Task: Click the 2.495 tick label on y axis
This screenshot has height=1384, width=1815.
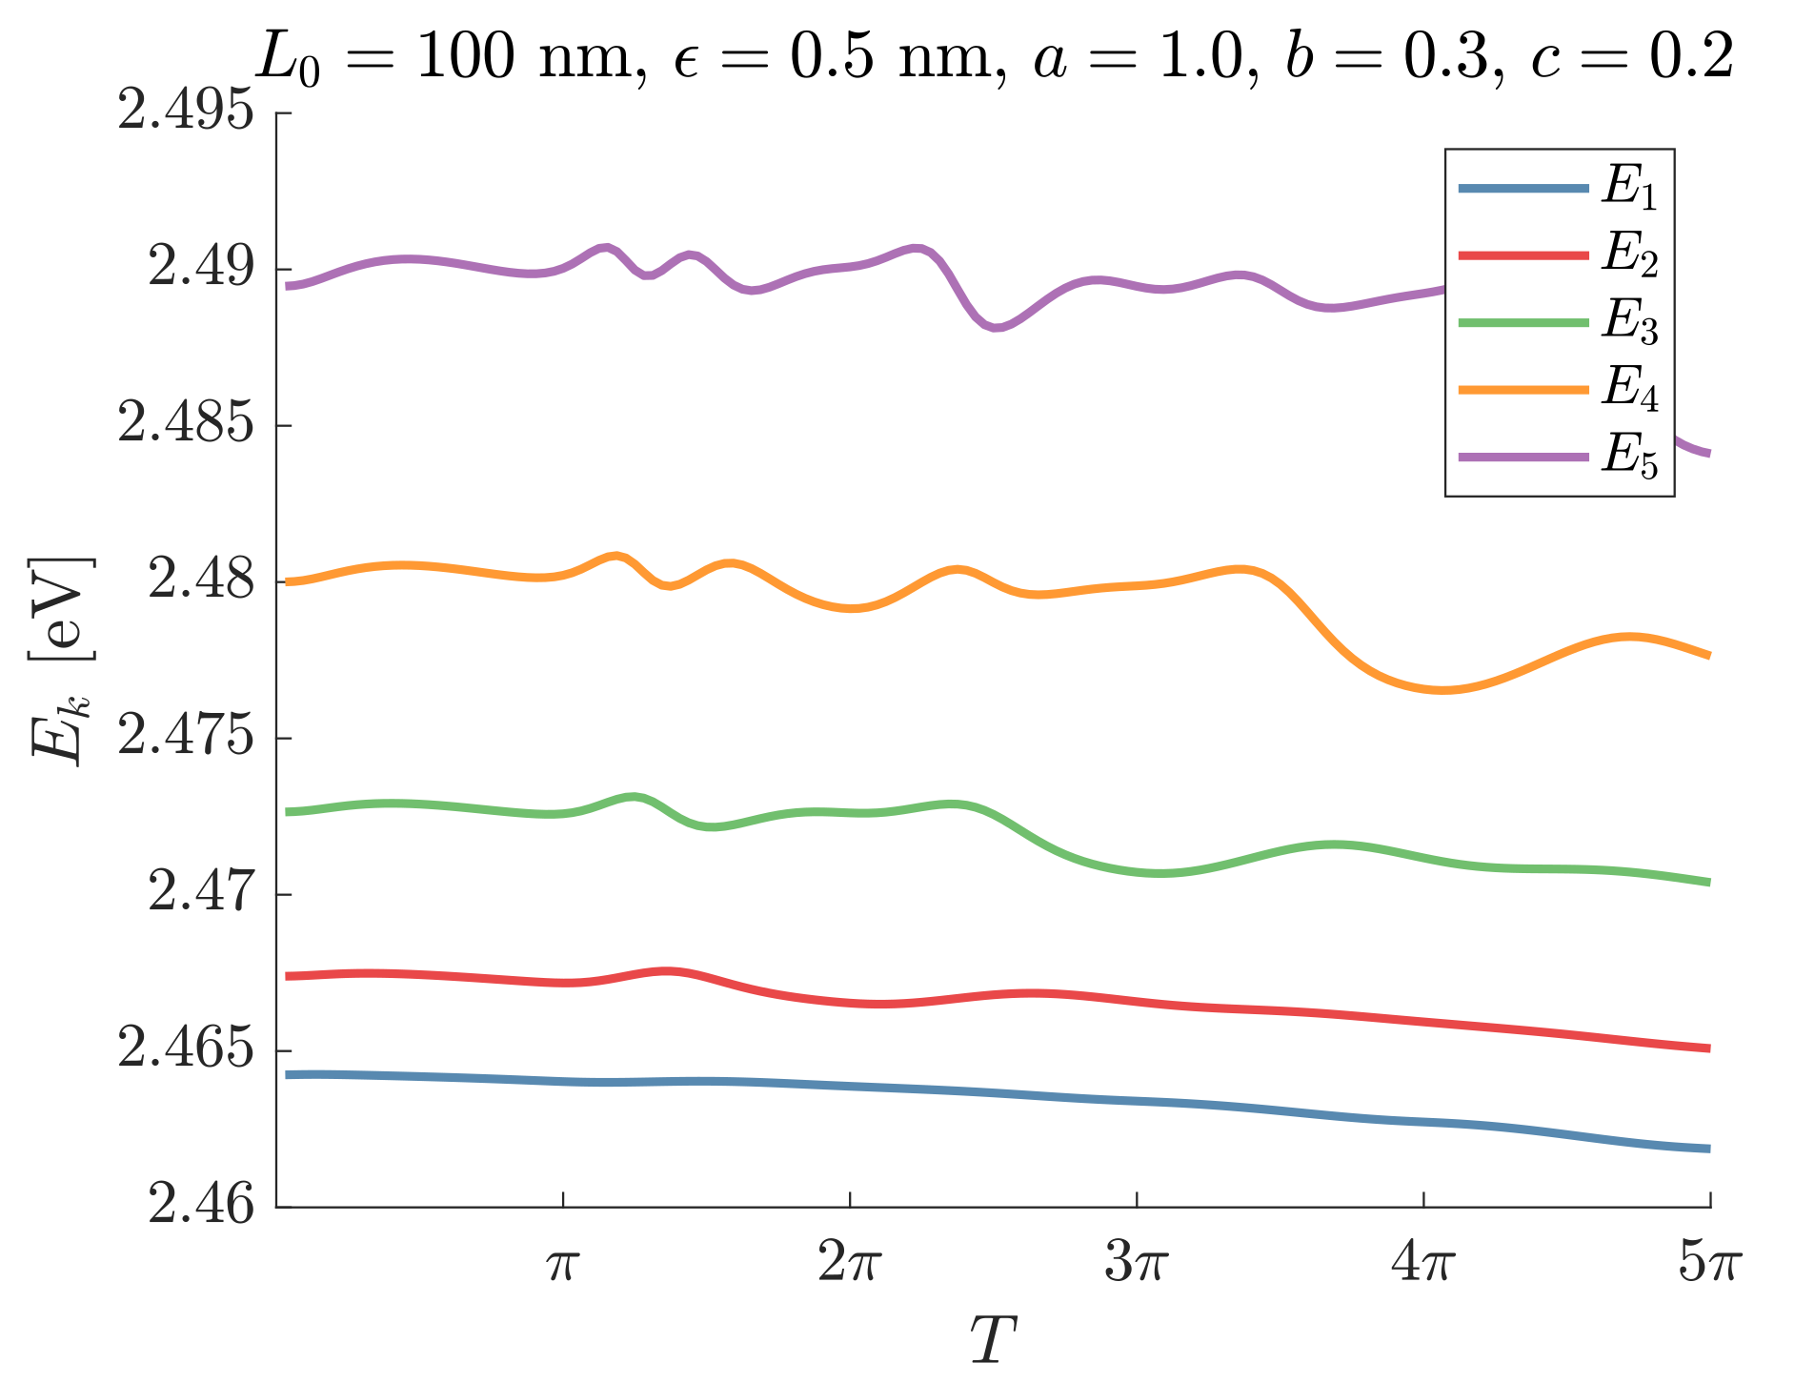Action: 187,112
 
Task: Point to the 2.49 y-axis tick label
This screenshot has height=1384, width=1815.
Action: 202,268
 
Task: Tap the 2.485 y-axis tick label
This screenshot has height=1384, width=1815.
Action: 187,424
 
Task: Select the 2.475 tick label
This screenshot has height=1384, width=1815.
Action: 187,737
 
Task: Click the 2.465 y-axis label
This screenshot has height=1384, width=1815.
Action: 187,1049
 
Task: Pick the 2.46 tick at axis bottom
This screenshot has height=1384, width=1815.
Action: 202,1206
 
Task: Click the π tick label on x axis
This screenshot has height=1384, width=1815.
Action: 563,1266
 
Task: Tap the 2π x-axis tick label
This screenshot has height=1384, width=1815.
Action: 850,1266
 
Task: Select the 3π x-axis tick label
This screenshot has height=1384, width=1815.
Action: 1137,1266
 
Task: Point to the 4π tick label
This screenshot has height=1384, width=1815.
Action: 1423,1266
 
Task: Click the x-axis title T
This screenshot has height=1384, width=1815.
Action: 993,1340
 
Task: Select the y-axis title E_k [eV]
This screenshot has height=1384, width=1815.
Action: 62,658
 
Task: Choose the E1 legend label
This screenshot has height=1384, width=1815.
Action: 1630,188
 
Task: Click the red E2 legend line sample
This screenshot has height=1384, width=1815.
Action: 1523,255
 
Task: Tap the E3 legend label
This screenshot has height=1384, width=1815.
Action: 1630,322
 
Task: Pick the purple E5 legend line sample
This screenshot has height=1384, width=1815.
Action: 1523,457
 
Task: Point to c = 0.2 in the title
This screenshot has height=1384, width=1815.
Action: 1632,57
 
